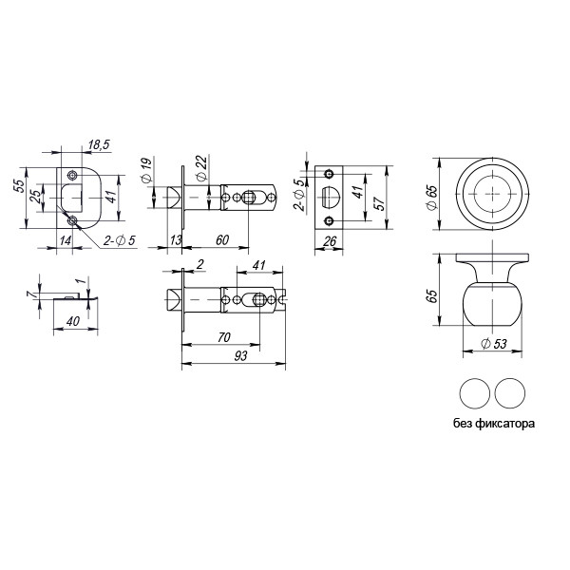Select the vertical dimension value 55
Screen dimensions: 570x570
[19, 186]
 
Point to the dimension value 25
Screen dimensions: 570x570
[34, 199]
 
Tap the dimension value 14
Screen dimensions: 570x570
[65, 241]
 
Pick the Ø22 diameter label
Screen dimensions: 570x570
[201, 166]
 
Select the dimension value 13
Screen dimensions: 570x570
[176, 239]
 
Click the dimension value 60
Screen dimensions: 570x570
[220, 239]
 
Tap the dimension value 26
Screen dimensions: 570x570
[330, 241]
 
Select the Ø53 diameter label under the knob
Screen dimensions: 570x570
[490, 344]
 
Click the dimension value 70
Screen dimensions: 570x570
[224, 337]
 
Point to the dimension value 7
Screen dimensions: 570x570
[30, 295]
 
